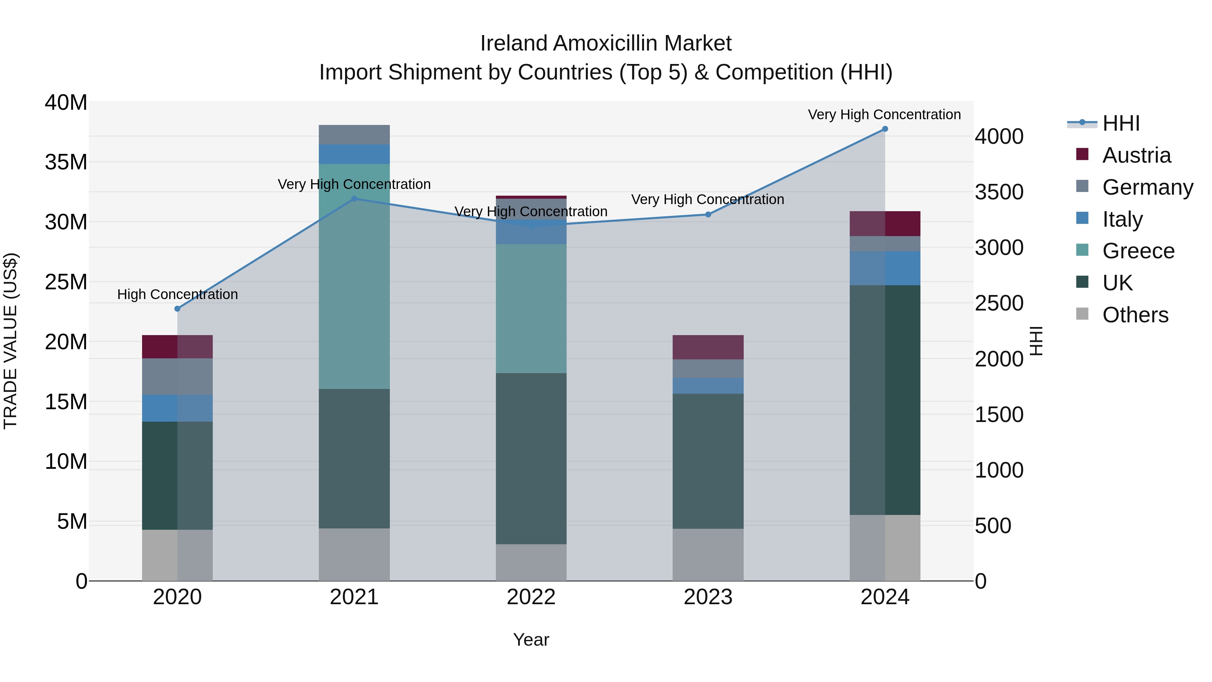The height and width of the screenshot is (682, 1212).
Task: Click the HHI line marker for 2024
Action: pyautogui.click(x=884, y=129)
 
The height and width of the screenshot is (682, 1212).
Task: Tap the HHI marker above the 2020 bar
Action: pyautogui.click(x=177, y=309)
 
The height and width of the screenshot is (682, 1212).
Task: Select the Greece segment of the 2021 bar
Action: pyautogui.click(x=354, y=276)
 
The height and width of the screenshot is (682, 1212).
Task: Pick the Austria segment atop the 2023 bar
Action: pyautogui.click(x=708, y=347)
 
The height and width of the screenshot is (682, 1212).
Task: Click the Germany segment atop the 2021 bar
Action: pyautogui.click(x=354, y=135)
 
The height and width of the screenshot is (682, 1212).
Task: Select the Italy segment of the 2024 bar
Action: pyautogui.click(x=884, y=268)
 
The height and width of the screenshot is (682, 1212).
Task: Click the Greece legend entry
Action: pyautogui.click(x=1138, y=251)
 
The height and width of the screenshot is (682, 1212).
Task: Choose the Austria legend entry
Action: pyautogui.click(x=1136, y=155)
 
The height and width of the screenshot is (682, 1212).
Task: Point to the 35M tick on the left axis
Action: pyautogui.click(x=66, y=162)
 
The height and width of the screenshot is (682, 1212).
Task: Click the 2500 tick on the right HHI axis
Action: pyautogui.click(x=999, y=303)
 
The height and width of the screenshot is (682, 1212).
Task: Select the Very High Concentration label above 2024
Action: pyautogui.click(x=884, y=115)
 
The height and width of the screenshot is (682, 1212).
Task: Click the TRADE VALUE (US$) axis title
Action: pyautogui.click(x=10, y=341)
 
